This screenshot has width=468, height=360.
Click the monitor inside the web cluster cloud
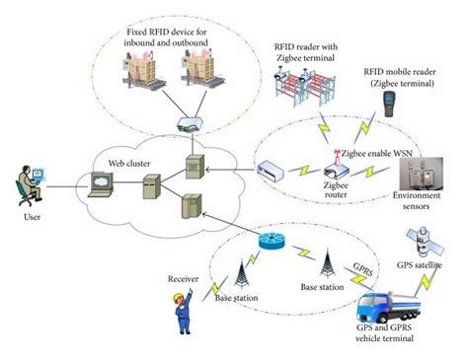(x=105, y=184)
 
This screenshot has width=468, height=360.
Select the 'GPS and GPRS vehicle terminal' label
(x=395, y=333)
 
